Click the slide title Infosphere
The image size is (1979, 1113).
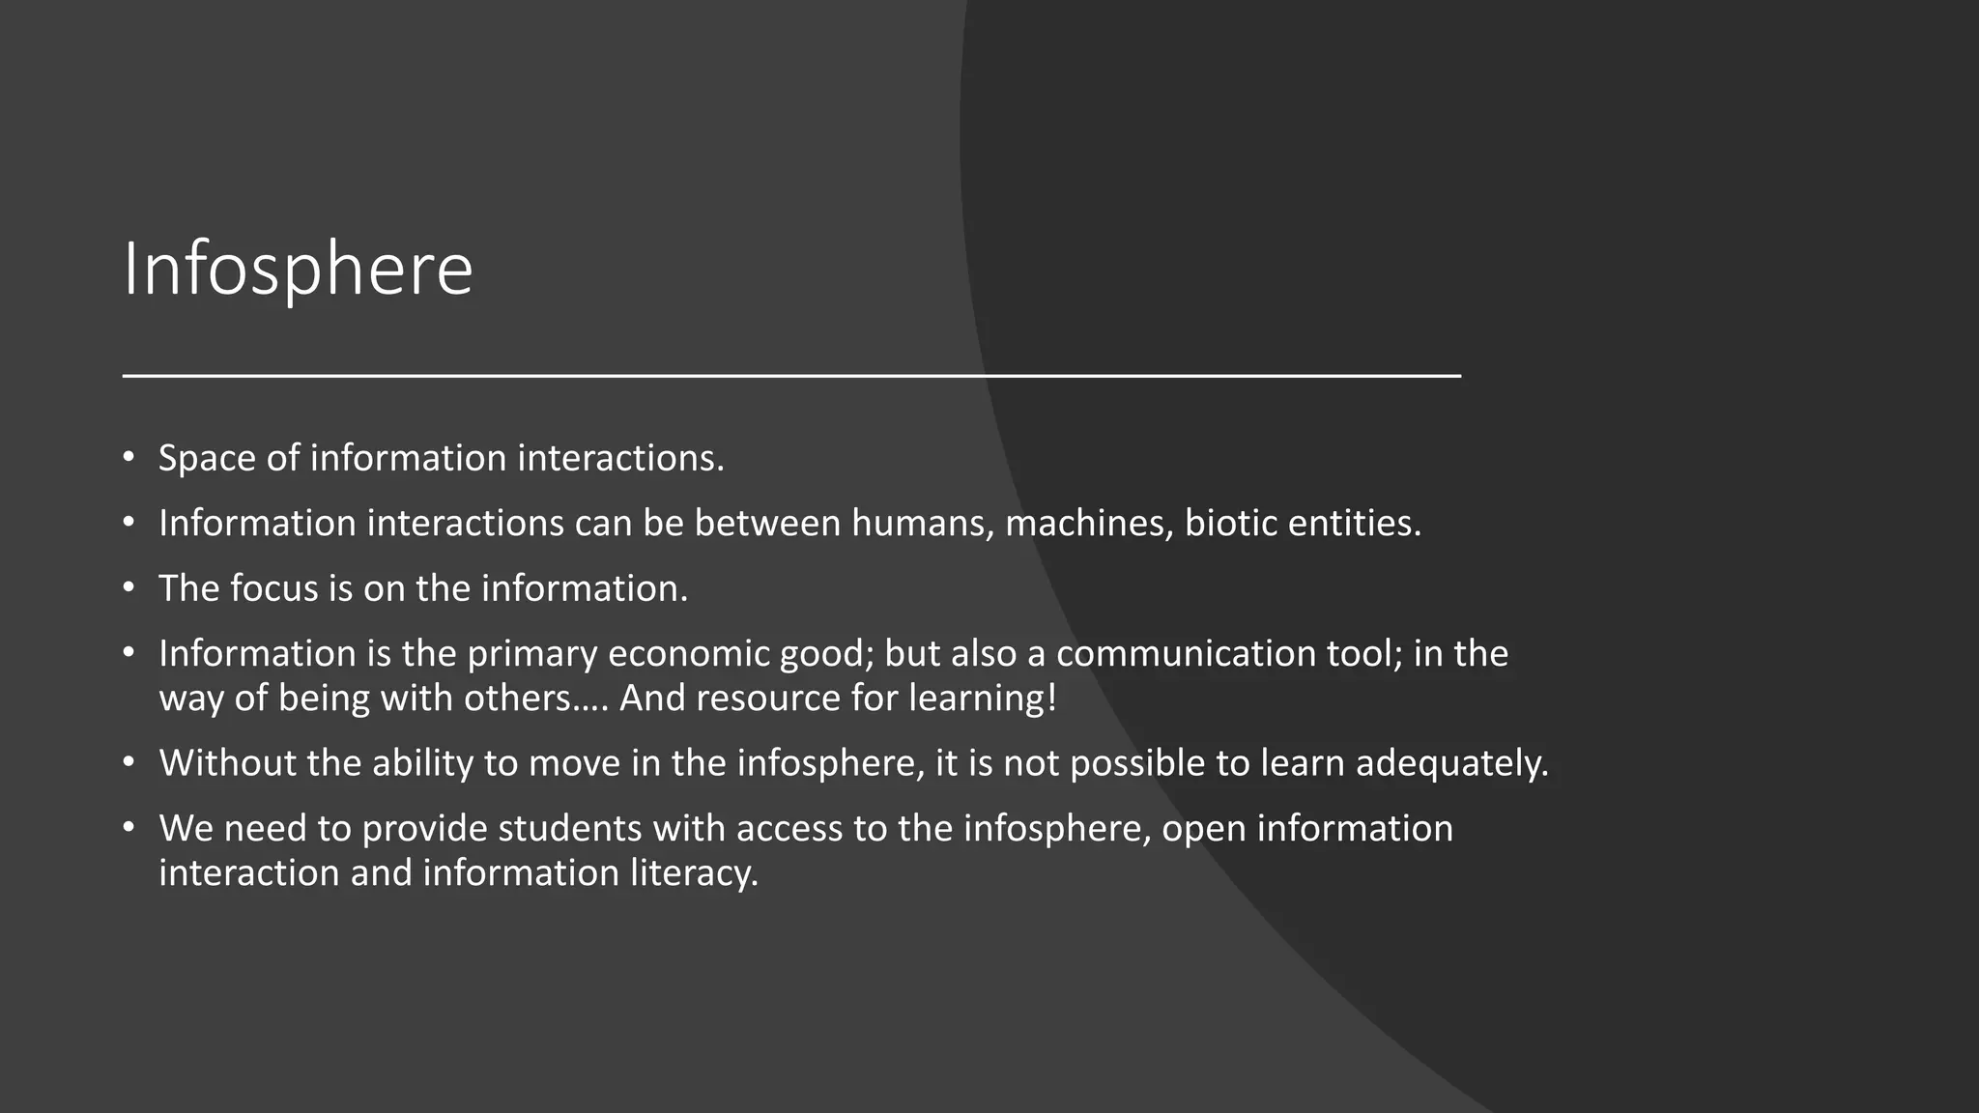coord(298,269)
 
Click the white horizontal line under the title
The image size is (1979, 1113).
coord(790,375)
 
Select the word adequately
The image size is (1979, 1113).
coord(1451,763)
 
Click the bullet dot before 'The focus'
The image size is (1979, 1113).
coord(129,587)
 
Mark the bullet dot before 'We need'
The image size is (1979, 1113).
coord(129,828)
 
